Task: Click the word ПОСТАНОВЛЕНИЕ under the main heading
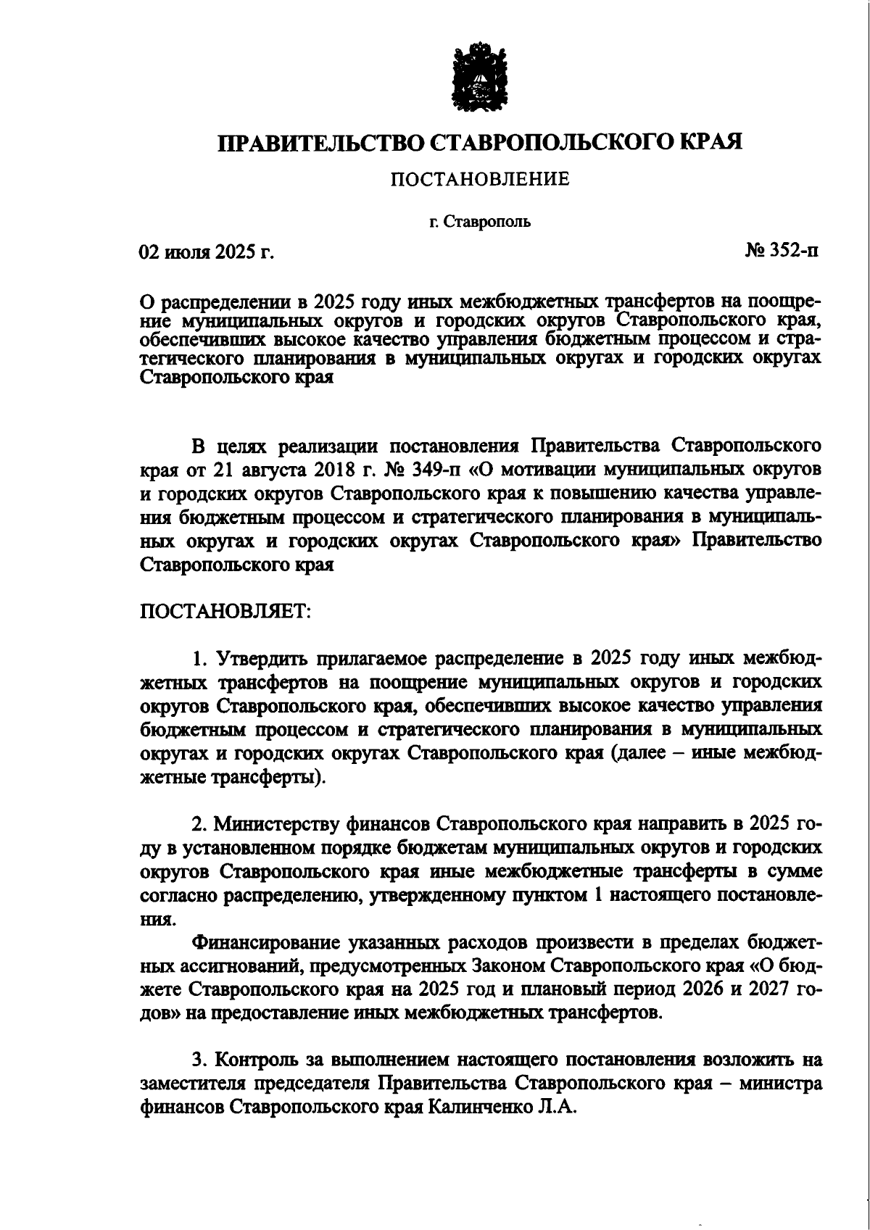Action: [x=480, y=179]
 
